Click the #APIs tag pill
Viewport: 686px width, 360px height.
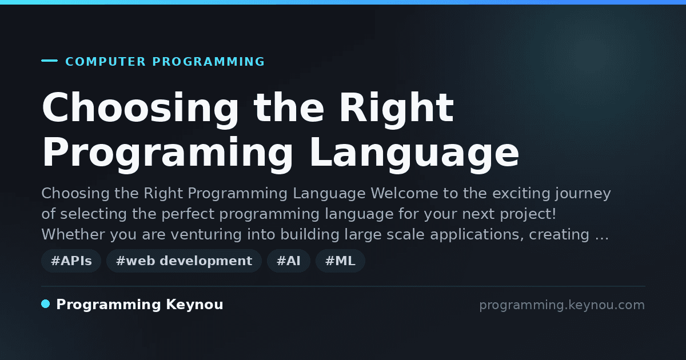pyautogui.click(x=71, y=261)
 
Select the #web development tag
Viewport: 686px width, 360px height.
pyautogui.click(x=184, y=261)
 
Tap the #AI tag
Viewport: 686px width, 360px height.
pyautogui.click(x=289, y=261)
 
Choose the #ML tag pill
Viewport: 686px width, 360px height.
pyautogui.click(x=340, y=261)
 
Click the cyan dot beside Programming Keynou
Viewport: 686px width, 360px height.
pyautogui.click(x=46, y=304)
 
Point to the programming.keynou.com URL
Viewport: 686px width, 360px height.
pyautogui.click(x=562, y=305)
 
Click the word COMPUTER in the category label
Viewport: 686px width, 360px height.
pyautogui.click(x=105, y=62)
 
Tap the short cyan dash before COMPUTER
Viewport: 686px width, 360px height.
pyautogui.click(x=49, y=61)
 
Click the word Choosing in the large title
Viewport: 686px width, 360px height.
pyautogui.click(x=140, y=110)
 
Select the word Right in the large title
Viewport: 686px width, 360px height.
pyautogui.click(x=396, y=110)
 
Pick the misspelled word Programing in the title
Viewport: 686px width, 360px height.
pyautogui.click(x=167, y=155)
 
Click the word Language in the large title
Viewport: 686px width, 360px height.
pyautogui.click(x=414, y=155)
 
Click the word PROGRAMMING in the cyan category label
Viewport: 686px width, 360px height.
pyautogui.click(x=208, y=62)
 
